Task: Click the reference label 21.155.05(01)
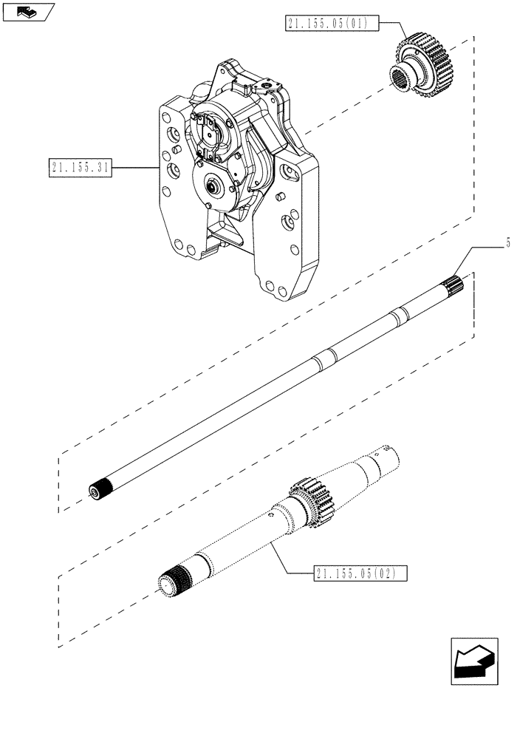[x=330, y=24]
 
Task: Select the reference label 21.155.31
[x=81, y=168]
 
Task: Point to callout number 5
[x=509, y=242]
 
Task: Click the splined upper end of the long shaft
[x=451, y=284]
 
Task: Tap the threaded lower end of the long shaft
[x=97, y=488]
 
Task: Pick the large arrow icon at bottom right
[x=472, y=662]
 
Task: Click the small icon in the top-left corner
[x=28, y=11]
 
